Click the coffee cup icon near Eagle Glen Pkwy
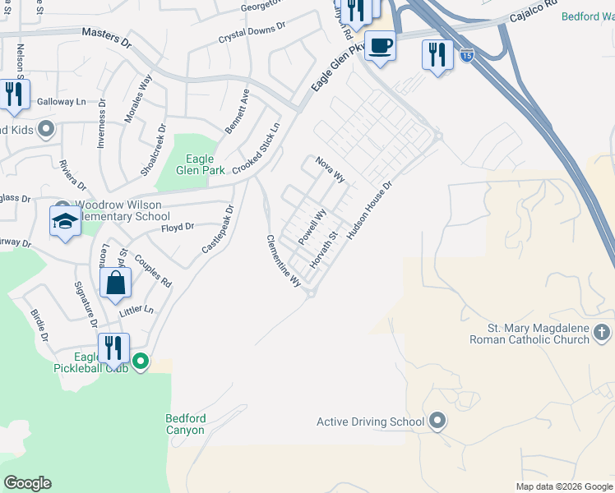[x=380, y=46]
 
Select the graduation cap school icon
[x=65, y=221]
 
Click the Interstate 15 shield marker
[x=467, y=56]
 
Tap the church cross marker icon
[x=602, y=332]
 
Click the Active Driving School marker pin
[x=437, y=422]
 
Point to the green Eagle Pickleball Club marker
[x=141, y=361]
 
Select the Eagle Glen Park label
[x=201, y=164]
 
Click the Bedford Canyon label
[x=186, y=424]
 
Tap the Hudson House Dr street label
[x=371, y=211]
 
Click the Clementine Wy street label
[x=282, y=260]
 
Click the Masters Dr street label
[x=106, y=38]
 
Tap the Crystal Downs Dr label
[x=251, y=33]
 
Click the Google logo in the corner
[x=27, y=483]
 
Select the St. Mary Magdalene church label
[x=529, y=333]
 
